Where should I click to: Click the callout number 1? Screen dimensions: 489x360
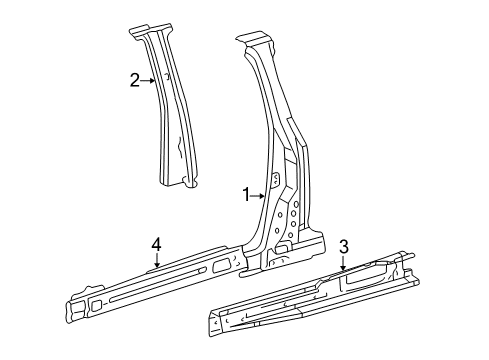246,195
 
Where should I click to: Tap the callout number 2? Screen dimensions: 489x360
135,80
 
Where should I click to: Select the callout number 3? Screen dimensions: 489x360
344,247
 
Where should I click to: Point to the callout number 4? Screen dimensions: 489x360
156,244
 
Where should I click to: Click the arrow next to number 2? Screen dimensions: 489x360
148,80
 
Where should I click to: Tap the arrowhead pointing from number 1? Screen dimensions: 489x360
262,196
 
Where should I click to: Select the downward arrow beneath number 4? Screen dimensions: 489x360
157,260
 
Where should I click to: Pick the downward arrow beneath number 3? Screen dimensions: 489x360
343,263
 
